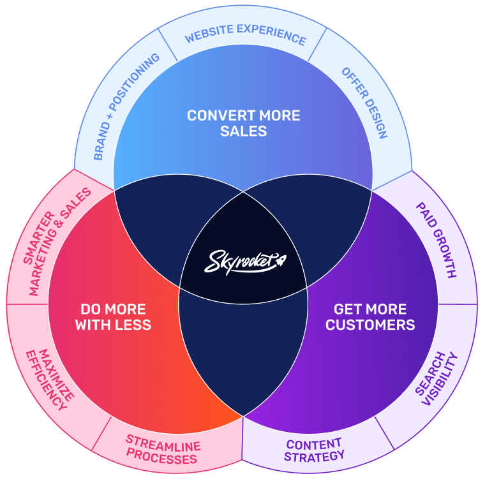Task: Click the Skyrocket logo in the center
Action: click(243, 261)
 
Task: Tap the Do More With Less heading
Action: click(113, 317)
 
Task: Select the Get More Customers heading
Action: click(370, 317)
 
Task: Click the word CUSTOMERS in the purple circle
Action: click(370, 325)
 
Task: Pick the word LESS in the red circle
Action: click(134, 325)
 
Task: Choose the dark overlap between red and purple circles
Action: click(243, 357)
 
